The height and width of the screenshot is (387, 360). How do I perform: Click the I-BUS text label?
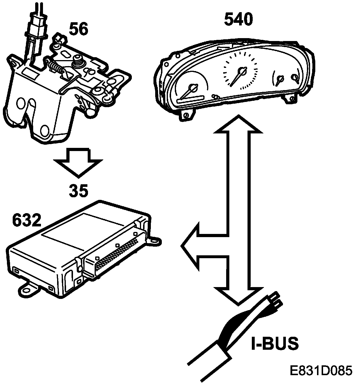point(274,344)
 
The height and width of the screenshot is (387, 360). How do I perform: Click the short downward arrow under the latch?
point(78,163)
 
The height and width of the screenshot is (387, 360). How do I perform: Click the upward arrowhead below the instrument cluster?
point(238,124)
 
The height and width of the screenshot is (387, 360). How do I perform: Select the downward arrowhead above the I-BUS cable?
point(238,295)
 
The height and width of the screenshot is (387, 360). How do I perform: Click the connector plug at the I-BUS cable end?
point(274,300)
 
